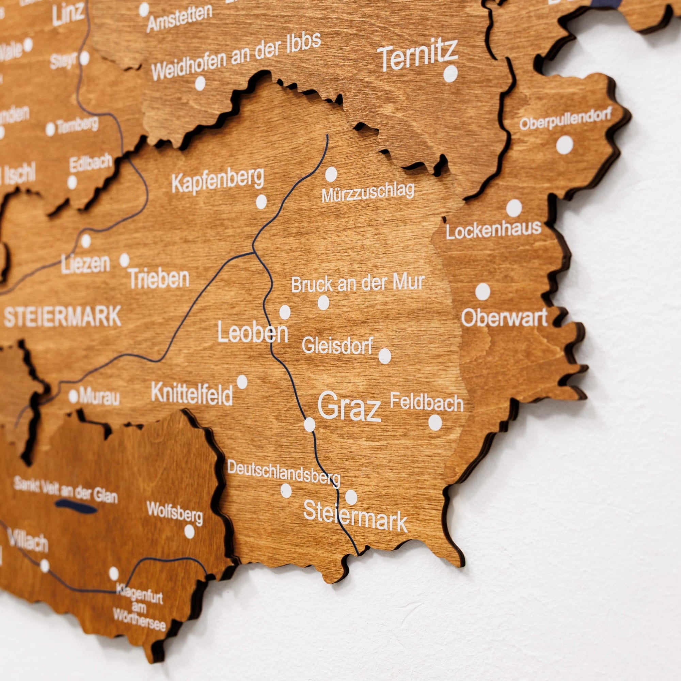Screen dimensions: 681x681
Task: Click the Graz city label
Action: coord(349,407)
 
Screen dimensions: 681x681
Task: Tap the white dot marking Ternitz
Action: coord(450,74)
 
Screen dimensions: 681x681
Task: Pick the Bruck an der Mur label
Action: coord(358,283)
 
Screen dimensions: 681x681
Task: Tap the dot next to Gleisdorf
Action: coord(384,356)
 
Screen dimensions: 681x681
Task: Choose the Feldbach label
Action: coord(427,402)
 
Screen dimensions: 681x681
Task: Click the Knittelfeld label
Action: coord(192,394)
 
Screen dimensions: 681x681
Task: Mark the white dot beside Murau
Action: coord(73,396)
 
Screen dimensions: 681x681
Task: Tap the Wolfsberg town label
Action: coord(175,512)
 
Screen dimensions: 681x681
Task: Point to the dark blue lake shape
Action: coord(76,507)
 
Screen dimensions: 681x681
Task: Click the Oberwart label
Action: coord(504,317)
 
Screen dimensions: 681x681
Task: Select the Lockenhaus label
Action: coord(493,230)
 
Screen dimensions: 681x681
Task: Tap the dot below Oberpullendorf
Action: coord(565,145)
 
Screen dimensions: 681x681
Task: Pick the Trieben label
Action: coord(159,278)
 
